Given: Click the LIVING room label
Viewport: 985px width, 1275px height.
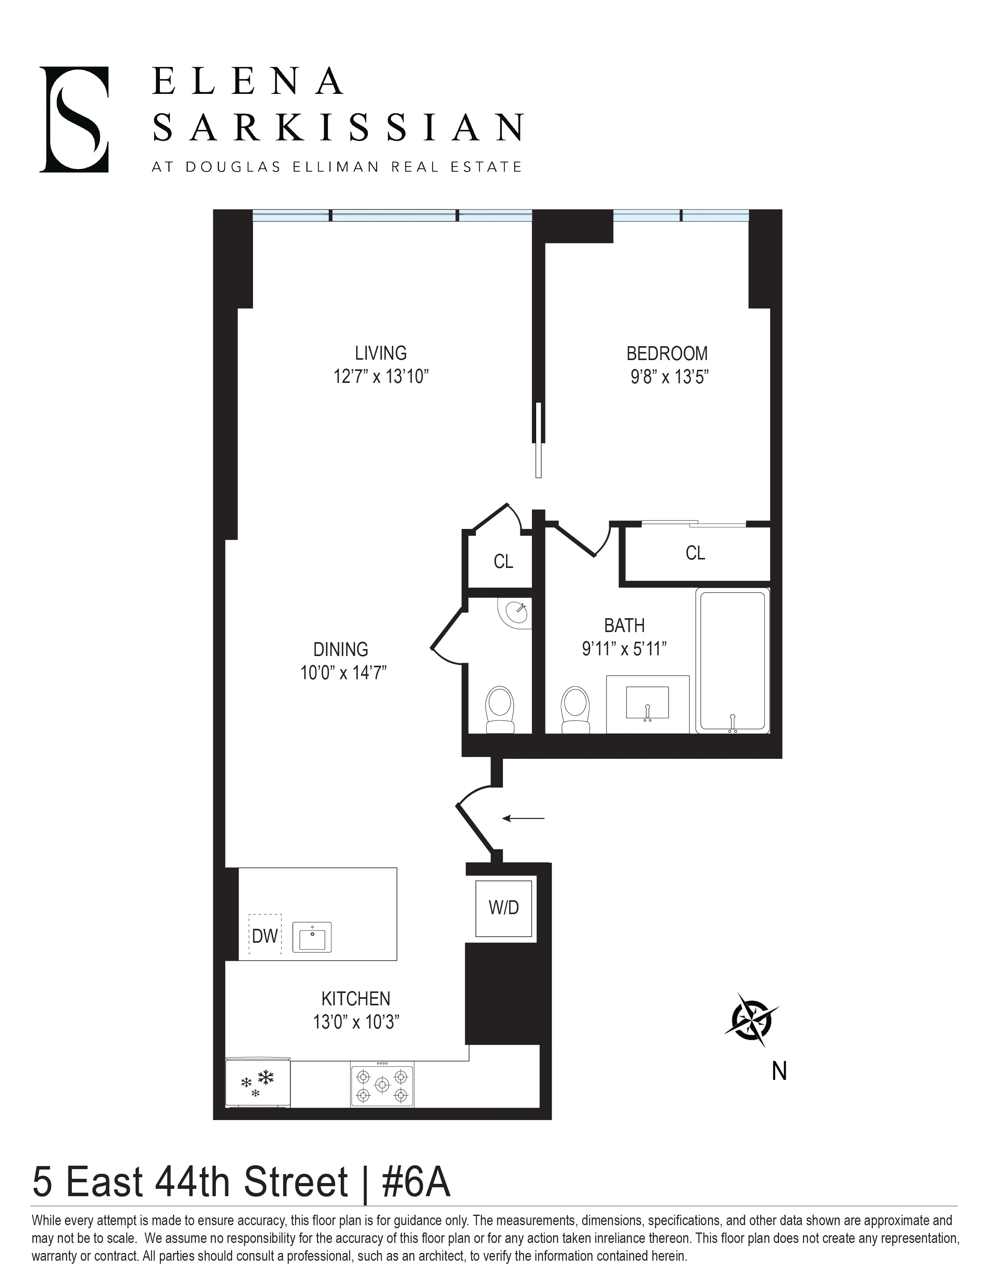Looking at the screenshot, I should (380, 353).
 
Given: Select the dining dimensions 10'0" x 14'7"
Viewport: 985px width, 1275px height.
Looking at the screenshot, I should (343, 673).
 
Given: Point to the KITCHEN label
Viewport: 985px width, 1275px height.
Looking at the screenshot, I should (355, 998).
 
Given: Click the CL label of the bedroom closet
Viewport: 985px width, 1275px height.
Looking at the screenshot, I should (695, 553).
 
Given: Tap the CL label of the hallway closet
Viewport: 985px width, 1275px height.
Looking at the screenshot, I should (503, 562).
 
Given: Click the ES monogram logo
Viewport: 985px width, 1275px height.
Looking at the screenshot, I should (74, 120).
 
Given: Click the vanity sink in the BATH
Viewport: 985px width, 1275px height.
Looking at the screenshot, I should (647, 703).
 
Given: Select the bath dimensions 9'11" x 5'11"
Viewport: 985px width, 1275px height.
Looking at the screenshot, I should (624, 649).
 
